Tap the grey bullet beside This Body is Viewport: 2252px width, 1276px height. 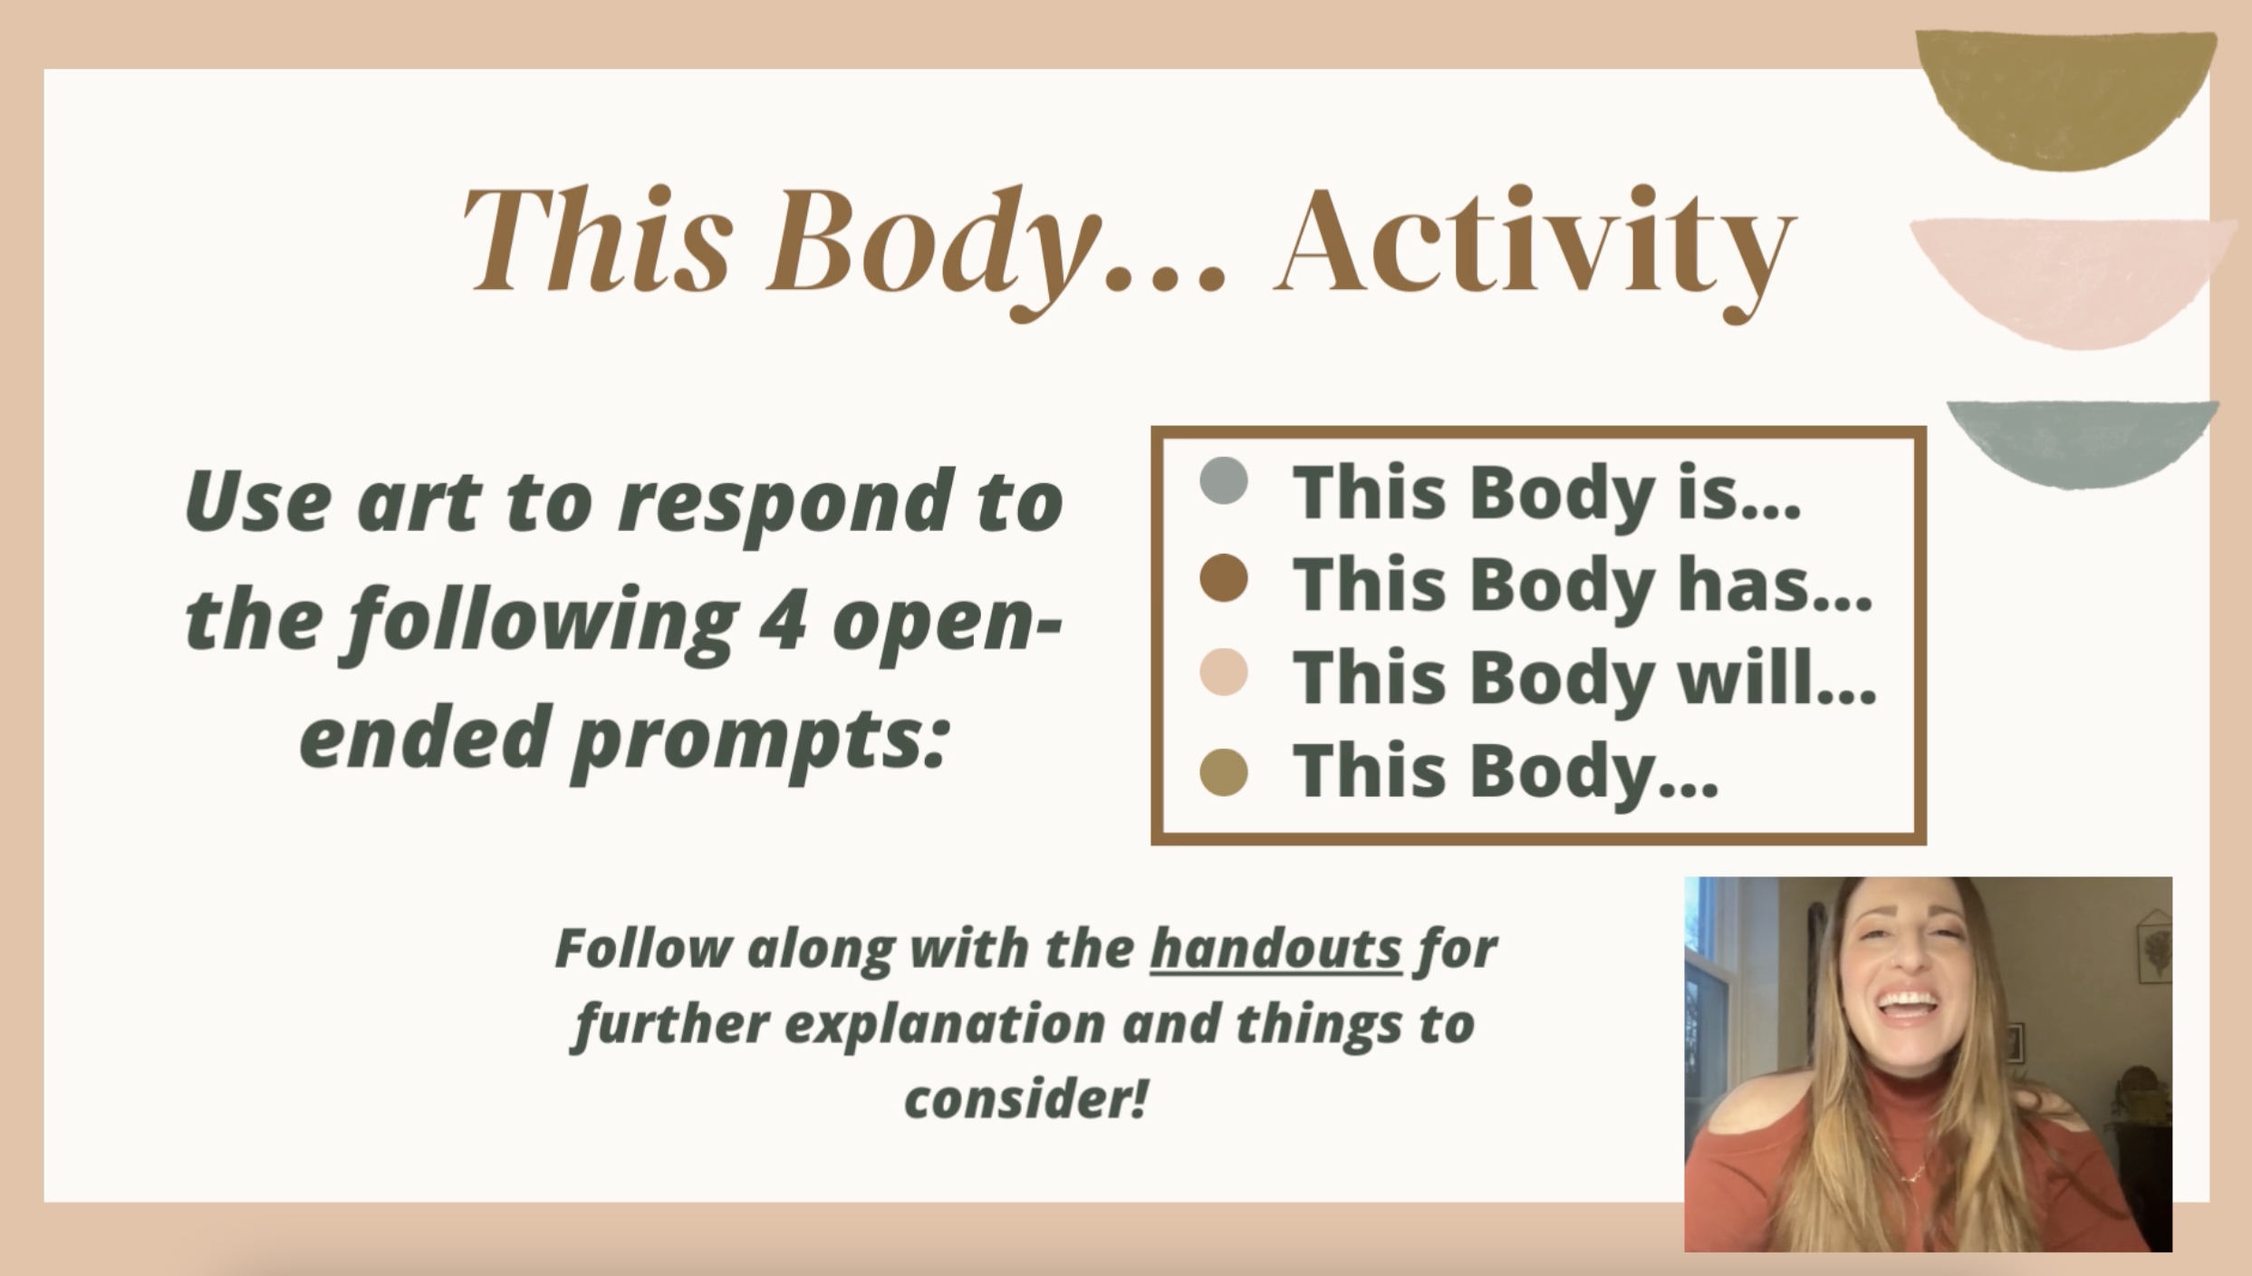point(1223,481)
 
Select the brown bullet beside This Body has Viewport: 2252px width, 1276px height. point(1223,578)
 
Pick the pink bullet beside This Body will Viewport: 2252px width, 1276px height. point(1223,672)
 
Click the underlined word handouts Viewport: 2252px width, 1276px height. point(1275,948)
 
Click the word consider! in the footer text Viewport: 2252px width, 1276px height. point(1026,1098)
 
